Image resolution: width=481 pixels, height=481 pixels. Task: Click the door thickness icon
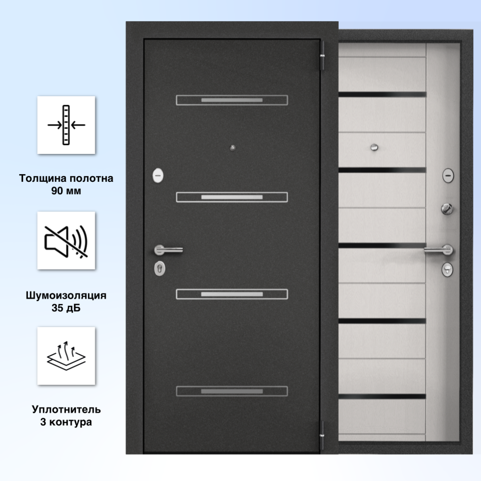coord(66,125)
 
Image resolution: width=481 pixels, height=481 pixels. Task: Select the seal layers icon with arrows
coord(66,356)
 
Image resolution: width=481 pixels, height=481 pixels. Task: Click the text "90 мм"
coord(66,191)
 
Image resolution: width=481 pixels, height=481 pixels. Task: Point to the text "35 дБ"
coord(66,308)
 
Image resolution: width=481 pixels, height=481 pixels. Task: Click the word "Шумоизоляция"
coord(66,295)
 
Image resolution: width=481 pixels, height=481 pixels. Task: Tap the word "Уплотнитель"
coord(66,409)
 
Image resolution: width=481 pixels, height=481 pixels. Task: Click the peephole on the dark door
coord(232,148)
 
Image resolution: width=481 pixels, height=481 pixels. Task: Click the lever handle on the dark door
coord(168,250)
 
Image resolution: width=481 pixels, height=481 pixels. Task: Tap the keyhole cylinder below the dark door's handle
coord(160,268)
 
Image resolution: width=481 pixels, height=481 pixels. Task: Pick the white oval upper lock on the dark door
coord(158,175)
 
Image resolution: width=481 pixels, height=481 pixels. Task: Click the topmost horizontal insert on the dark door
coord(232,100)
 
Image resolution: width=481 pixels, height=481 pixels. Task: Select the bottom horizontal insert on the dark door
coord(232,391)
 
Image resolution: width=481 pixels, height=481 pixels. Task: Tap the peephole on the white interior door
coord(374,148)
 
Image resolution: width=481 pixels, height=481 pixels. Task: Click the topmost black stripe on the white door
coord(383,95)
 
